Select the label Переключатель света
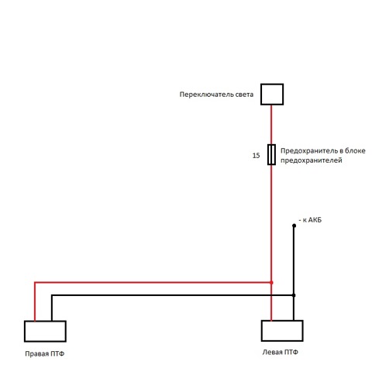coord(216,95)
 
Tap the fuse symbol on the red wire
coord(271,154)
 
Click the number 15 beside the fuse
coord(256,156)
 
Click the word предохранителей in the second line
coord(312,160)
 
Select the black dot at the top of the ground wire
coord(294,226)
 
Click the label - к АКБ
coord(310,220)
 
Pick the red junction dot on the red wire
coord(271,283)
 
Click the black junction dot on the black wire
coord(294,295)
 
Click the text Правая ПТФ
coord(45,353)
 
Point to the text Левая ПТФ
coord(281,352)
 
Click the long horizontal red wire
coord(153,283)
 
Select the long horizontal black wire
coord(173,295)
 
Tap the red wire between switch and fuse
coord(271,125)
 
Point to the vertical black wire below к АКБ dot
coord(294,273)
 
